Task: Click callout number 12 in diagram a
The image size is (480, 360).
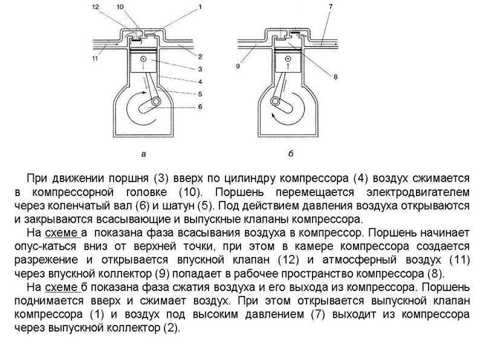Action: [x=96, y=7]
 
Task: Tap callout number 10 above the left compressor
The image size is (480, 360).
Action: [x=120, y=7]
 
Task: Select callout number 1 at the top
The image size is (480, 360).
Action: [x=200, y=7]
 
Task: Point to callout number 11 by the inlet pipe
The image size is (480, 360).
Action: [x=95, y=58]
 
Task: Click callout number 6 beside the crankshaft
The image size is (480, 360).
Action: [x=200, y=106]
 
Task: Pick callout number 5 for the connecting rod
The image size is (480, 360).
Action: [x=200, y=94]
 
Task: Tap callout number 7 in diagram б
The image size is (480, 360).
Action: [x=331, y=7]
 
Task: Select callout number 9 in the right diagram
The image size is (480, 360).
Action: [x=238, y=66]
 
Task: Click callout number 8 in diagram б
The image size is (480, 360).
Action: [x=336, y=77]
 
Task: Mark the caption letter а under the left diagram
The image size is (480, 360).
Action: [x=143, y=154]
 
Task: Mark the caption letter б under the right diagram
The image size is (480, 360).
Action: [x=291, y=154]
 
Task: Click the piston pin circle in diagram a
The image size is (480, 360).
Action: [x=143, y=59]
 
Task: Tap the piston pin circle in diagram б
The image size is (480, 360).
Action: [x=288, y=59]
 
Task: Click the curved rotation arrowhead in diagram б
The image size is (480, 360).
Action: [x=274, y=115]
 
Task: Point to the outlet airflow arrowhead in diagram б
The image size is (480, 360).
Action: [x=337, y=45]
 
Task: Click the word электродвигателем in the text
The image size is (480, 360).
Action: [x=418, y=192]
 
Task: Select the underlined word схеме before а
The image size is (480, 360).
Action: [x=61, y=233]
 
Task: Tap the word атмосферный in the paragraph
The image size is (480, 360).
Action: [x=359, y=260]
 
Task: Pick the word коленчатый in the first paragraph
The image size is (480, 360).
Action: [x=78, y=206]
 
